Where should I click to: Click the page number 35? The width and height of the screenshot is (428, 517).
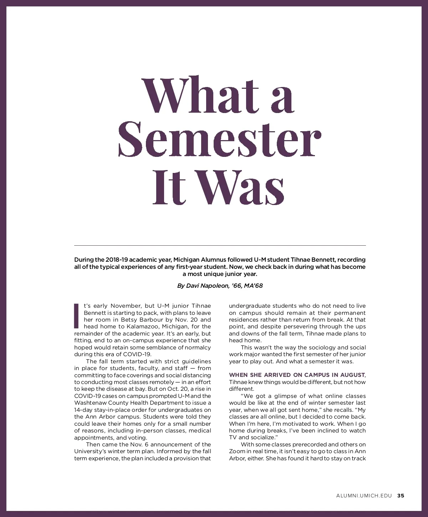click(401, 496)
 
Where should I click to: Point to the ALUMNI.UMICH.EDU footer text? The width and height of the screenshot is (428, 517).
click(364, 496)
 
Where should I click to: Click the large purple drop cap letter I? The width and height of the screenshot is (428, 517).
click(76, 316)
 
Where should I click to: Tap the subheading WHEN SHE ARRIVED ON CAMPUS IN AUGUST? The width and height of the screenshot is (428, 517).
click(297, 375)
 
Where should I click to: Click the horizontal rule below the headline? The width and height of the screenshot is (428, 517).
click(220, 245)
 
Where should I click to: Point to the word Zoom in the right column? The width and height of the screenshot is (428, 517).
click(237, 451)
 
